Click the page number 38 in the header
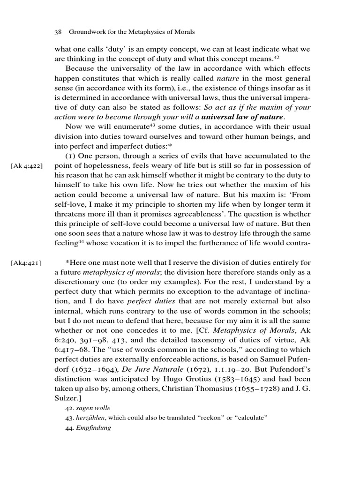(x=59, y=32)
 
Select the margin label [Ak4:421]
(x=26, y=263)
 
